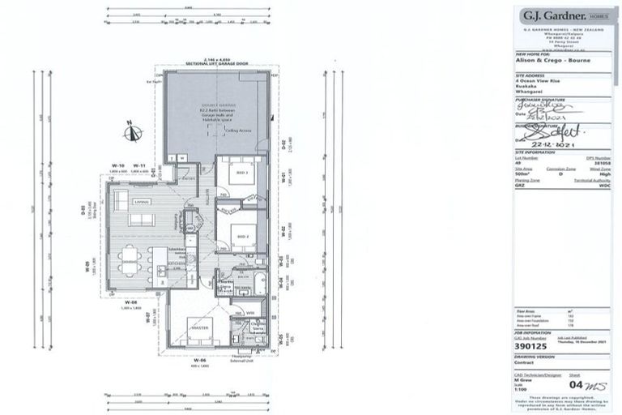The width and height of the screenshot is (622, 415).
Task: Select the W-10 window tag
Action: [x=118, y=165]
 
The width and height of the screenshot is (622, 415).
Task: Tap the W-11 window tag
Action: [x=139, y=165]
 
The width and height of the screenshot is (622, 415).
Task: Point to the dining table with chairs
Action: [x=131, y=263]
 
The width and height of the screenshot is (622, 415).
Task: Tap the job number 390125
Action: [x=534, y=343]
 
